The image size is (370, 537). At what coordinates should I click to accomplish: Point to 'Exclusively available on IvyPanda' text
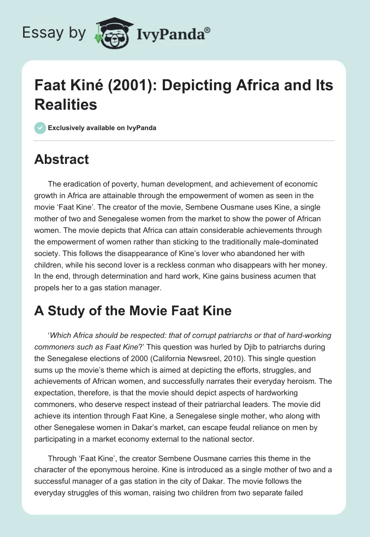click(102, 128)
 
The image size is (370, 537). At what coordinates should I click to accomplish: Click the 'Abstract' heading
click(62, 160)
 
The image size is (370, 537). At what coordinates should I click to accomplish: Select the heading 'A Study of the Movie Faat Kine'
click(133, 311)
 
